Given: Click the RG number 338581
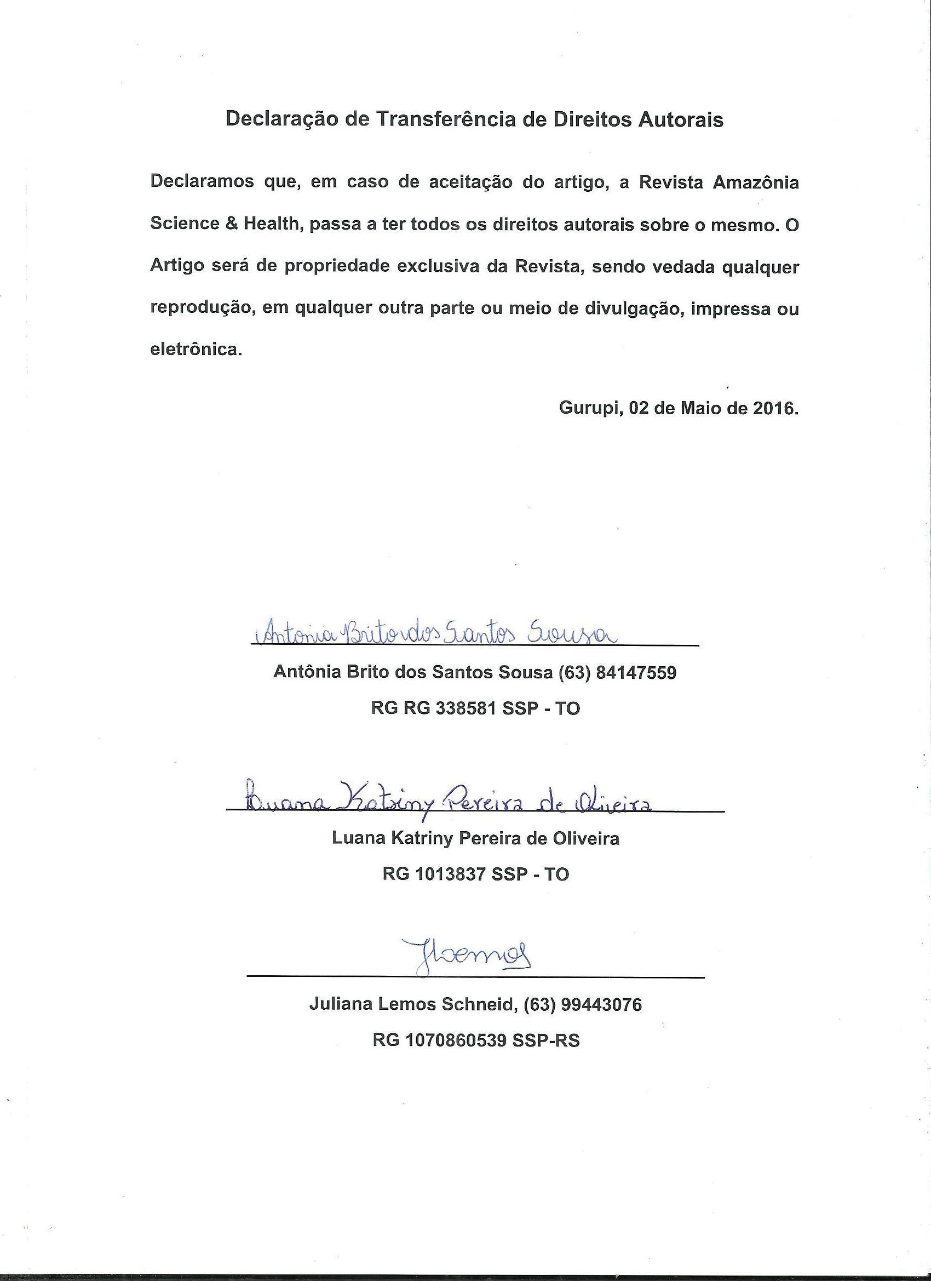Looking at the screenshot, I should coord(463,708).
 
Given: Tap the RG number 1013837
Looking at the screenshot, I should coord(450,874).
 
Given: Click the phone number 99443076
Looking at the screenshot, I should coord(601,1005).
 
